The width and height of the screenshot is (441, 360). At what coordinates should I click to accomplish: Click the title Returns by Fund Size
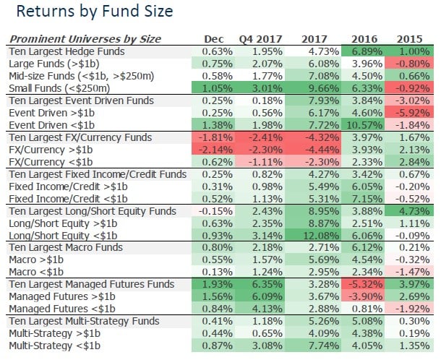tap(94, 12)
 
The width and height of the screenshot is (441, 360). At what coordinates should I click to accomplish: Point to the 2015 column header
tap(411, 39)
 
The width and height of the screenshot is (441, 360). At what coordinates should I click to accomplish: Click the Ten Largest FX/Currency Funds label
tap(78, 137)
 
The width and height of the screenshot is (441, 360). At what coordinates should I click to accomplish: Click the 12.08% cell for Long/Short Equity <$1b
tap(312, 235)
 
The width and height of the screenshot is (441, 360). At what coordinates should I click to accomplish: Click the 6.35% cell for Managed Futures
tap(265, 284)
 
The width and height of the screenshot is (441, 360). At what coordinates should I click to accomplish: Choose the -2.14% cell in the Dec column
tap(216, 150)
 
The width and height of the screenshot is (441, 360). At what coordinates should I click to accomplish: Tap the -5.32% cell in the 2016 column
tap(364, 284)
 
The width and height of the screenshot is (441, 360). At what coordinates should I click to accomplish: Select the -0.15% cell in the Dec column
tap(216, 210)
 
